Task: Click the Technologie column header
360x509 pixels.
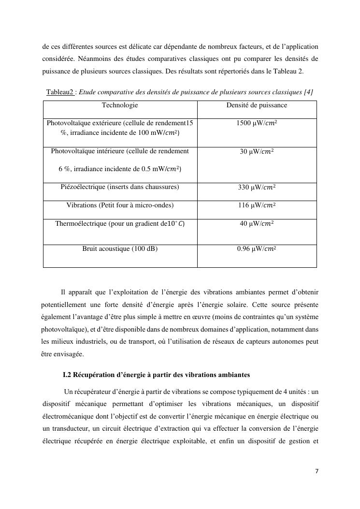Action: (x=120, y=105)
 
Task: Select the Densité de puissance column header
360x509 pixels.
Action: (x=257, y=105)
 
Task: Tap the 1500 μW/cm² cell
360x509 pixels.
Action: (x=257, y=123)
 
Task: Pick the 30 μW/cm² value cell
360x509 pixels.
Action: (x=257, y=152)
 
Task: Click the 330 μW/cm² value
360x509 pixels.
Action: (x=257, y=188)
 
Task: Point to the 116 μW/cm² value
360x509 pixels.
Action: (x=257, y=205)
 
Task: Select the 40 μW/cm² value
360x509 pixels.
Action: (x=257, y=224)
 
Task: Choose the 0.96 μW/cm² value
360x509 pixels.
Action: (x=257, y=249)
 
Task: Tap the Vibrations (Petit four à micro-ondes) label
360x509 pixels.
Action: (x=120, y=205)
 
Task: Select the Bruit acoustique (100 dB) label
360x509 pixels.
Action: (x=120, y=249)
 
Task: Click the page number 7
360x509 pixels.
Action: (x=317, y=472)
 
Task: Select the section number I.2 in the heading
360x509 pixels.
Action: (x=68, y=375)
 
